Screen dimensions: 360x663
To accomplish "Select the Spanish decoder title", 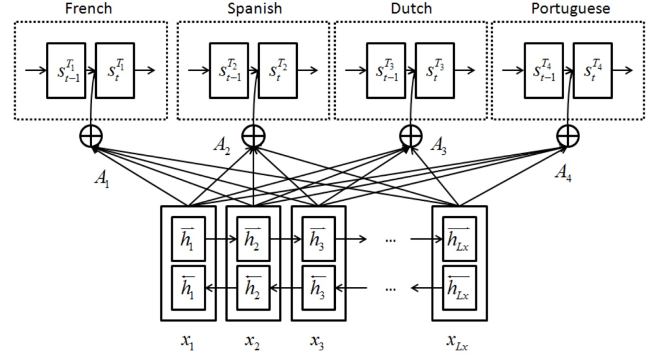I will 254,9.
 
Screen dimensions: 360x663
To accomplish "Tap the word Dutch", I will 411,9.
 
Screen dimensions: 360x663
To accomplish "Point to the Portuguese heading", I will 571,9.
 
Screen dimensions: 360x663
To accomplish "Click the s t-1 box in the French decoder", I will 66,71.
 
